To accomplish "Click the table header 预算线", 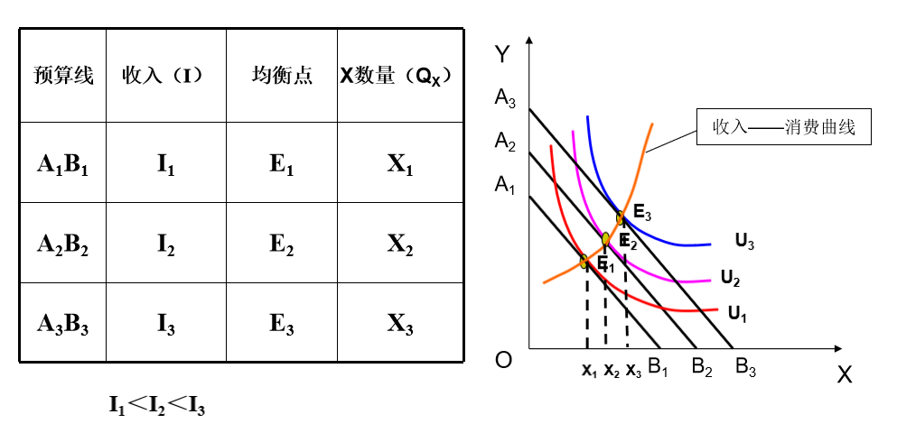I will [63, 76].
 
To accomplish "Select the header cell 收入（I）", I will [165, 76].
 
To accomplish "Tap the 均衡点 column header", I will [282, 76].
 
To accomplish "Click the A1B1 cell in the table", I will [62, 163].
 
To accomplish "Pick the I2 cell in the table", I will [165, 244].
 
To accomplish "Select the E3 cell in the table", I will [282, 324].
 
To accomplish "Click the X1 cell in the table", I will [399, 163].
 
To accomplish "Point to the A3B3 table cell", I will [62, 324].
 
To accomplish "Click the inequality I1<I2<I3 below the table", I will [157, 406].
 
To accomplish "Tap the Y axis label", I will [503, 55].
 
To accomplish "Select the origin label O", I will [504, 361].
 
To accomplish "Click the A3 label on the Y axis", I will [505, 98].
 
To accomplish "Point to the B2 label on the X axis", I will [703, 367].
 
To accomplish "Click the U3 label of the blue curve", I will [744, 241].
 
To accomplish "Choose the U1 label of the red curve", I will [738, 315].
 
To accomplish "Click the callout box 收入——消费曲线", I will [787, 128].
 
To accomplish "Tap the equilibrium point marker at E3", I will [621, 217].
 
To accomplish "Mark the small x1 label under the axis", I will [589, 370].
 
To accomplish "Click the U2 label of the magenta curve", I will [731, 277].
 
